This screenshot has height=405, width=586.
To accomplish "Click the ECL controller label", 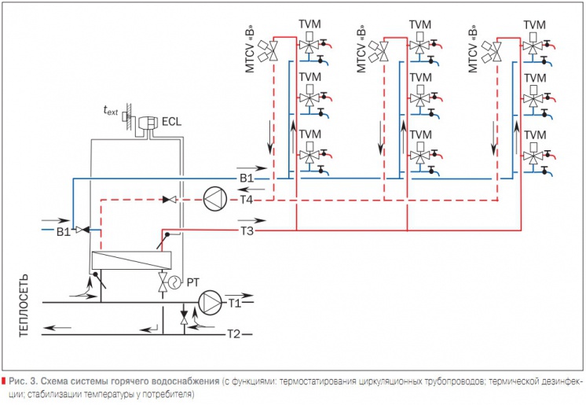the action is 171,122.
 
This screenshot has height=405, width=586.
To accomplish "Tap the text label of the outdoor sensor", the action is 111,110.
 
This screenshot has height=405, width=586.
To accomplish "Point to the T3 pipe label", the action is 247,231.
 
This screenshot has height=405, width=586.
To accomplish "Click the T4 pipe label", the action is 247,200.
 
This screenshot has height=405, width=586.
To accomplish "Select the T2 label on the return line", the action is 234,333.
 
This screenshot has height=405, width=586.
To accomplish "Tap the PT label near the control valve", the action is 192,283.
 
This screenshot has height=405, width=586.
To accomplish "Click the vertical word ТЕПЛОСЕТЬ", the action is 23,305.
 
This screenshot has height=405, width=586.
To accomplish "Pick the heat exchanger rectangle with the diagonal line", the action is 131,260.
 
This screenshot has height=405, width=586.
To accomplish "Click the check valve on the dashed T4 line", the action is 170,200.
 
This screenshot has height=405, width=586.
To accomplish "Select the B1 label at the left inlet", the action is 64,232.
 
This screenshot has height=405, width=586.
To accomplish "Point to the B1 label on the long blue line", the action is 247,179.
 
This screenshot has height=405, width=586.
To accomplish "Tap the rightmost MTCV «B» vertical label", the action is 473,49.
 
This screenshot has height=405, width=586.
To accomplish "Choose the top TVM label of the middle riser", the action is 420,24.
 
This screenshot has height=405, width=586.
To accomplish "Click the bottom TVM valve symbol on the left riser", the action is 309,153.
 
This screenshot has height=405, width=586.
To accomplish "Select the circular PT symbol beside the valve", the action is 174,282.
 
